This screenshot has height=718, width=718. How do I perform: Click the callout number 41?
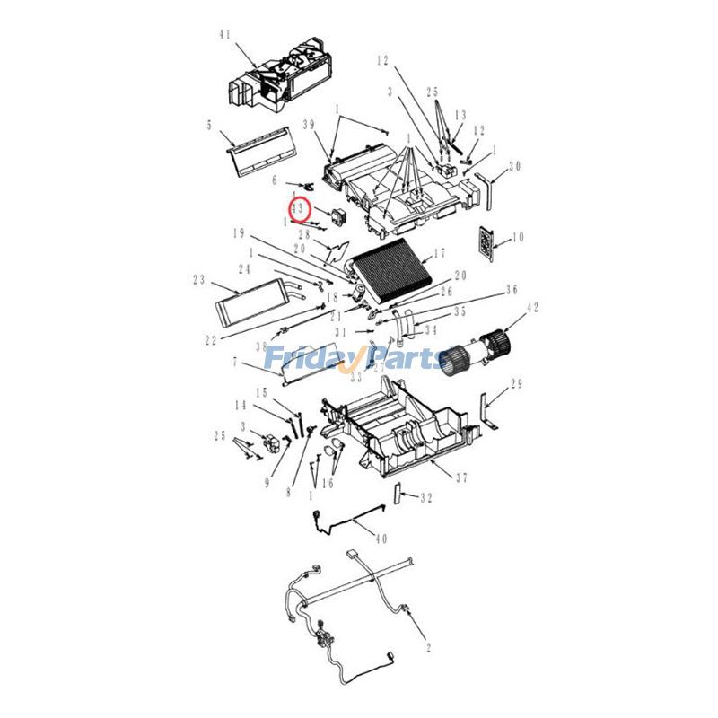click(224, 35)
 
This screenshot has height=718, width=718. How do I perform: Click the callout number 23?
click(198, 279)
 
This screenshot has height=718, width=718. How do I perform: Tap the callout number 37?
click(461, 477)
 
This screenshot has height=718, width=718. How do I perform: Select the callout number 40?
click(381, 538)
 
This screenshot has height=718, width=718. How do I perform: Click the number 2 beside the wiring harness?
click(429, 646)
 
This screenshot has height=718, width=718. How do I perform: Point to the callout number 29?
click(515, 385)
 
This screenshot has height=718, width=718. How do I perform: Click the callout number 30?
click(514, 165)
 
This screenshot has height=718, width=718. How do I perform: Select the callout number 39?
click(308, 125)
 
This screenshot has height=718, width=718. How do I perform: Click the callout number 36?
click(512, 290)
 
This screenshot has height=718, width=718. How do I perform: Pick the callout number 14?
click(241, 406)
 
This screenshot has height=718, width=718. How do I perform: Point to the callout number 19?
click(239, 233)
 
